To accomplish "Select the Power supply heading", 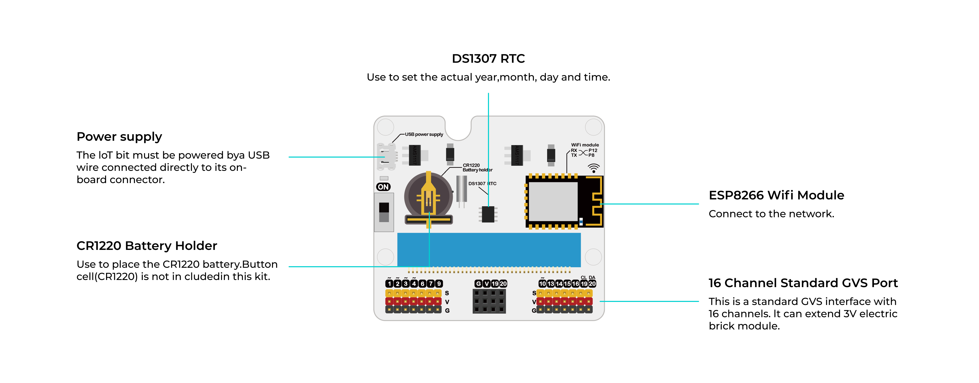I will (x=119, y=136).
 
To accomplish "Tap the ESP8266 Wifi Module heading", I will (x=776, y=195).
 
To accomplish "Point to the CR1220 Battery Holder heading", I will (x=147, y=246).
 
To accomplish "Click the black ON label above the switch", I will (x=383, y=187).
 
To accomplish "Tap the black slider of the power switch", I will (x=384, y=208).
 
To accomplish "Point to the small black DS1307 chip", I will (x=488, y=214).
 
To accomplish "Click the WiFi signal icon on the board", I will (x=593, y=168).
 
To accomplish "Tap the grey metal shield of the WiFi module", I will (x=553, y=201).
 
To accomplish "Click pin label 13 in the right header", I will (x=550, y=284).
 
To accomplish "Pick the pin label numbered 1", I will (x=389, y=284).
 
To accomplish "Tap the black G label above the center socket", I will (x=478, y=284).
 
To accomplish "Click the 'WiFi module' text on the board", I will (x=585, y=145).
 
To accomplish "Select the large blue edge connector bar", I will (x=489, y=250).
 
